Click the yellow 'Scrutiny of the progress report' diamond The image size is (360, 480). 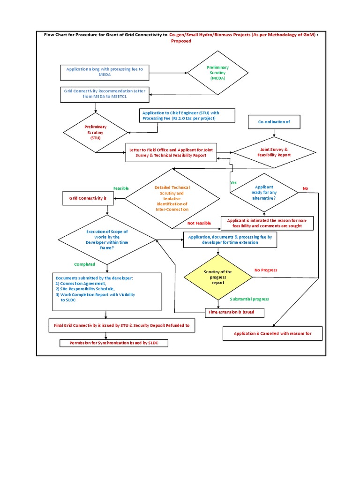(217, 277)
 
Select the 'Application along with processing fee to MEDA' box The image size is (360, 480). (105, 72)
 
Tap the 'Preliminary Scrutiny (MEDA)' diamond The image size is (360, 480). (217, 73)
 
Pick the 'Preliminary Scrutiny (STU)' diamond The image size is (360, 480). (95, 132)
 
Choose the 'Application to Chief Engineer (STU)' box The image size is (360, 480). (181, 115)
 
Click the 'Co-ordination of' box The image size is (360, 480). (274, 122)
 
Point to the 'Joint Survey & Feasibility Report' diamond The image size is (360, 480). (274, 152)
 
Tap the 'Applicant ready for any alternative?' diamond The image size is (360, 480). (264, 192)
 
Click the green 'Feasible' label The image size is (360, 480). (121, 188)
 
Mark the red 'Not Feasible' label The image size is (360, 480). (199, 223)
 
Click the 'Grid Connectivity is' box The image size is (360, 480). (88, 198)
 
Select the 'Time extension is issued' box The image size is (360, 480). (235, 312)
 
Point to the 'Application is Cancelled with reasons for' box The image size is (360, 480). (272, 334)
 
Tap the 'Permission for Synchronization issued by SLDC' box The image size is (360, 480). (114, 343)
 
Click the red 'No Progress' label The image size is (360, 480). (266, 270)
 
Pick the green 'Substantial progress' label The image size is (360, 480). (249, 299)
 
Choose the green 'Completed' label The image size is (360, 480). (84, 264)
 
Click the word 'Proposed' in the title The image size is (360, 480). (181, 41)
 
